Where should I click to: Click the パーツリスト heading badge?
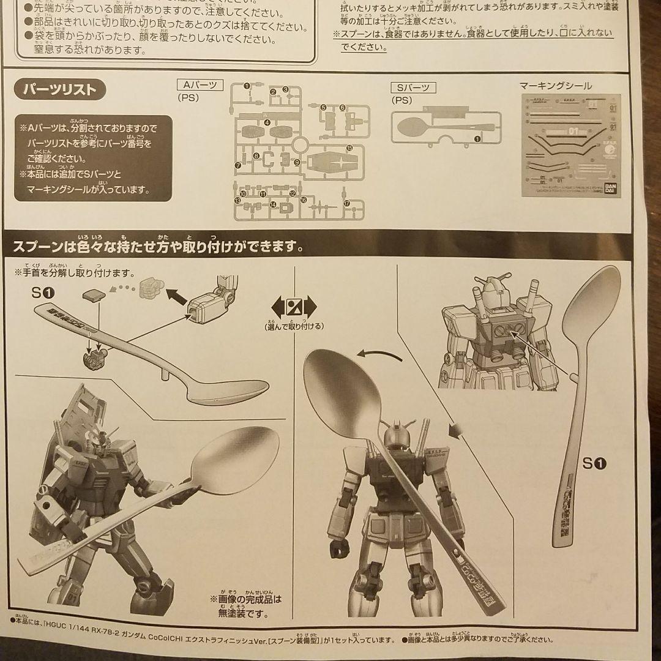click(x=60, y=90)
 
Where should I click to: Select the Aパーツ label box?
click(x=200, y=86)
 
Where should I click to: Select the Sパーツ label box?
click(x=414, y=88)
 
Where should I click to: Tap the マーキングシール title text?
click(x=555, y=86)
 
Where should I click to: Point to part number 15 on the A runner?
click(x=349, y=149)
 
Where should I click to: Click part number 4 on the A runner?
click(x=267, y=122)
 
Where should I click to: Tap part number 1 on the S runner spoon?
click(x=477, y=140)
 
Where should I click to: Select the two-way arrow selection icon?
click(x=294, y=306)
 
